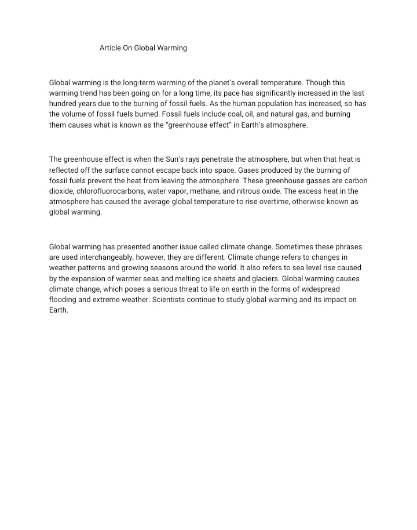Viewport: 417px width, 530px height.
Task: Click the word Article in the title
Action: click(110, 48)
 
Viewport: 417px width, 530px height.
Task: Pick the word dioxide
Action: click(62, 191)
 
